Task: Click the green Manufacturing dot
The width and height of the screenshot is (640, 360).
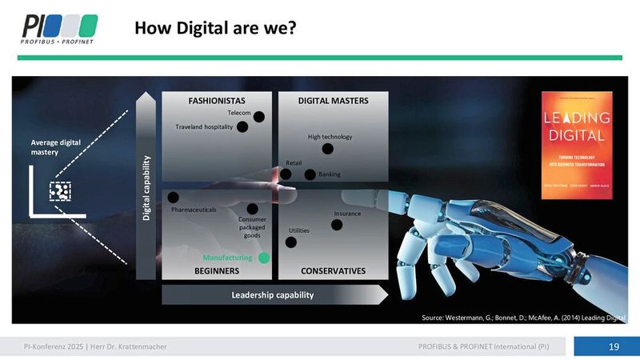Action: (265, 258)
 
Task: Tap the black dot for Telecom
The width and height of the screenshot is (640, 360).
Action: (258, 116)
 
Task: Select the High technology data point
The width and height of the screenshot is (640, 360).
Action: (327, 149)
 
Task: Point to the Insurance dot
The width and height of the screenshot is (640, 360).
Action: (337, 225)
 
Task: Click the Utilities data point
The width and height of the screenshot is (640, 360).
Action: (291, 242)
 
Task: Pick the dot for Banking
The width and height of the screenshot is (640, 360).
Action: (310, 174)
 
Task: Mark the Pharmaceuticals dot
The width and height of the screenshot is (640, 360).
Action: (174, 197)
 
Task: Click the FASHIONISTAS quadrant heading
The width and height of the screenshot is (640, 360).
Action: (216, 101)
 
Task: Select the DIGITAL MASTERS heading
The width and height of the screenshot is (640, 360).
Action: (333, 101)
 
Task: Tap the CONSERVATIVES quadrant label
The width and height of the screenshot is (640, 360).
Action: (333, 271)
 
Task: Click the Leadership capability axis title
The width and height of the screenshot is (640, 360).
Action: (272, 295)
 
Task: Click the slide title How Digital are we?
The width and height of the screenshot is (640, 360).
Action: (216, 29)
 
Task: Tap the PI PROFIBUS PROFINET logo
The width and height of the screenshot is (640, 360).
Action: (60, 30)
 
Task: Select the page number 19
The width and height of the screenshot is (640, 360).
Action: (614, 346)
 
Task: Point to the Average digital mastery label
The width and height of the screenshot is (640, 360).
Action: (50, 147)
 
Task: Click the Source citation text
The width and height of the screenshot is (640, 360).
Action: (523, 318)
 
